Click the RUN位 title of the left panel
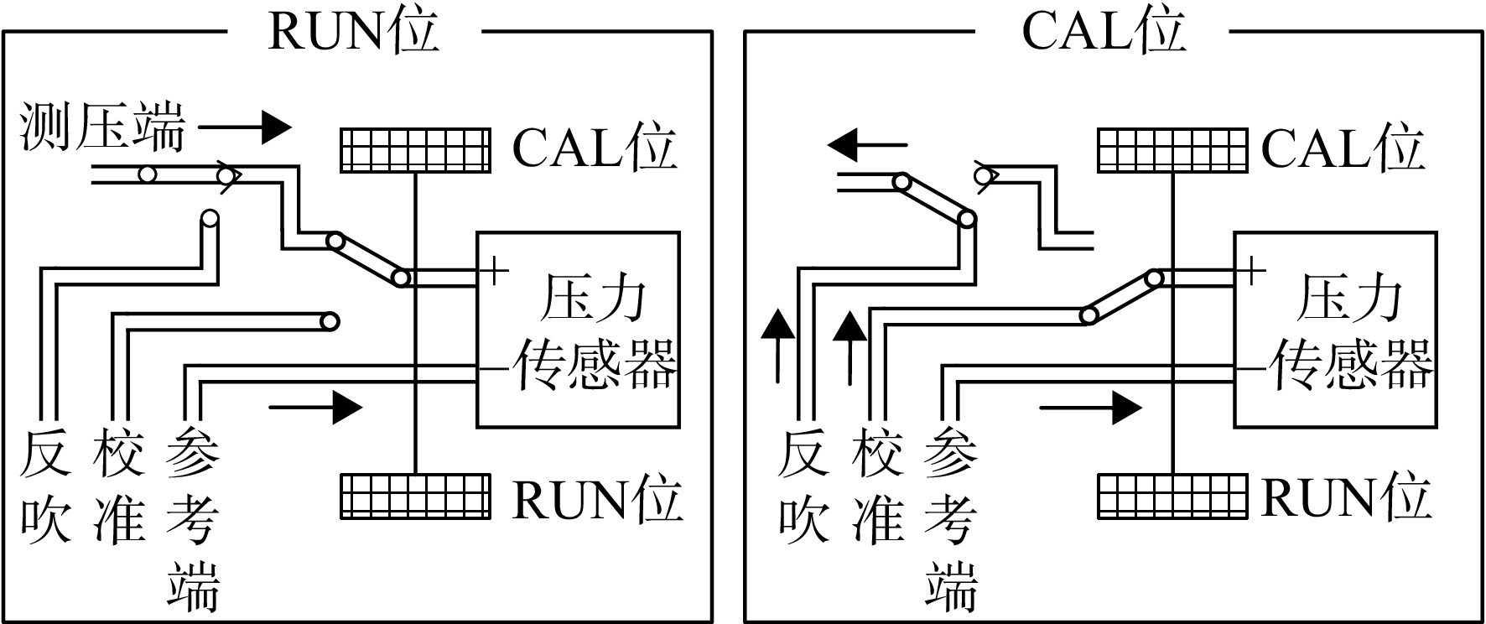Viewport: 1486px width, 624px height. coord(353,32)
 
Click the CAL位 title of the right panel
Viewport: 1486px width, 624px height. coord(1104,32)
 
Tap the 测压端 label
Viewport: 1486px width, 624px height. coord(101,127)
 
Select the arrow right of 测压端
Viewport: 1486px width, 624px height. coord(245,128)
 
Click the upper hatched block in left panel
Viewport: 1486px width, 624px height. coord(415,151)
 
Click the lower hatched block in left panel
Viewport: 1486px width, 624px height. coord(415,496)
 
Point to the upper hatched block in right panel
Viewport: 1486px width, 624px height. coord(1172,151)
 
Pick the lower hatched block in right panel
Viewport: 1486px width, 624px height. coord(1172,496)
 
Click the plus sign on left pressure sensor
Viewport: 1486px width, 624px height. coord(495,270)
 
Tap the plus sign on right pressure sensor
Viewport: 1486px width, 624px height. coord(1251,270)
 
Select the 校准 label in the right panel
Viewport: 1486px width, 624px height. coord(877,488)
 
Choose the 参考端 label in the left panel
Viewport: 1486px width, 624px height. coord(193,520)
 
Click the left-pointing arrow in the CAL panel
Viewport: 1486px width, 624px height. coord(867,145)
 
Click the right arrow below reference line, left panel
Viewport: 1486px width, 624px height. coord(315,408)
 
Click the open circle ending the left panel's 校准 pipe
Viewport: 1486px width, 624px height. coord(330,321)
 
